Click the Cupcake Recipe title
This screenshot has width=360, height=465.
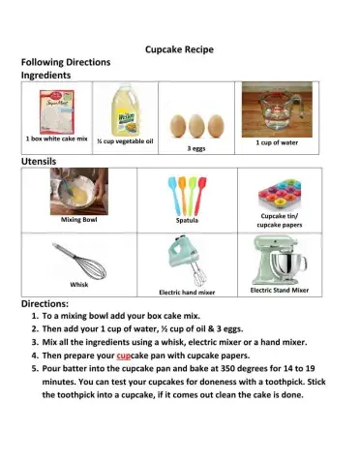pos(179,48)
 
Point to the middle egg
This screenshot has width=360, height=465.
pos(199,125)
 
